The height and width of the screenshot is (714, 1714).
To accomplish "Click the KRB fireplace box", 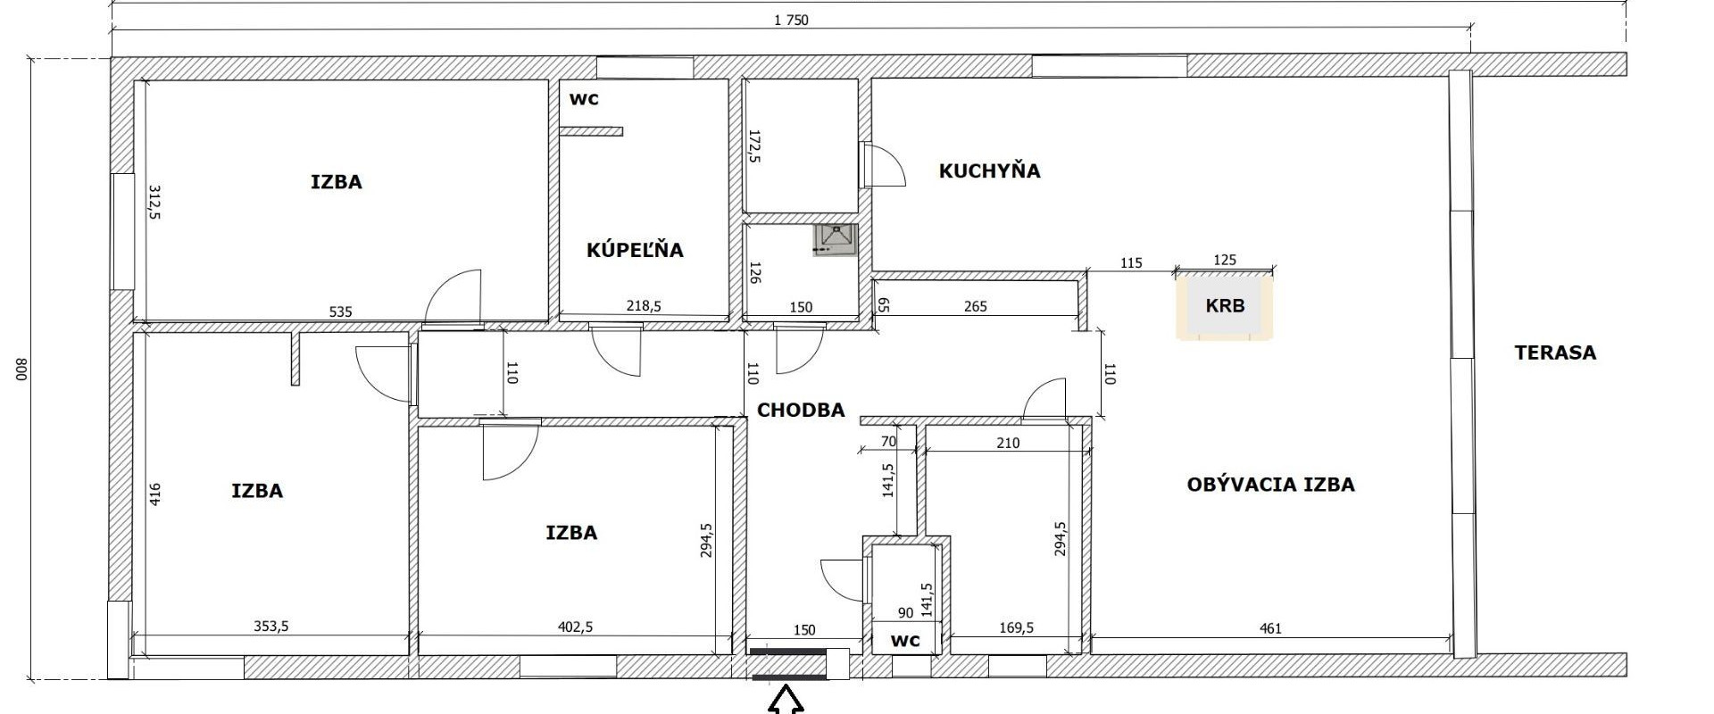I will (1225, 306).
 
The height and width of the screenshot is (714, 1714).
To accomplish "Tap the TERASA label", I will (1555, 353).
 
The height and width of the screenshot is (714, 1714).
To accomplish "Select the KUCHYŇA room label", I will (989, 170).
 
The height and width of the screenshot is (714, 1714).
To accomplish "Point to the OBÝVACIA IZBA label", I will (1270, 485).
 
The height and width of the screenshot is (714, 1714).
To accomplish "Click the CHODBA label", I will (801, 410).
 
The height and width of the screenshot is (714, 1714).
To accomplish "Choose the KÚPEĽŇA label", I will (635, 250).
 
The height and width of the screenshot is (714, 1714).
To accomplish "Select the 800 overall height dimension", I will (23, 369).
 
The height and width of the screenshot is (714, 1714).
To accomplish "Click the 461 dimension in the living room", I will (1270, 628).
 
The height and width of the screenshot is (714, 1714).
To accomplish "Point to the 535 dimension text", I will (341, 311).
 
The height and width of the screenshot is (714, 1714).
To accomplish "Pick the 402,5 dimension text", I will (576, 627).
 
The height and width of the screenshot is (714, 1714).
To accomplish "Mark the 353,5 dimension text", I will (271, 627).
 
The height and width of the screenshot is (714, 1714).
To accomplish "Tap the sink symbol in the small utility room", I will (836, 239).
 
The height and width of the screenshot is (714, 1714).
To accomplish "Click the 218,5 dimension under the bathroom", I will (643, 306).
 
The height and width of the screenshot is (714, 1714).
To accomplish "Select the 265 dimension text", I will (976, 306).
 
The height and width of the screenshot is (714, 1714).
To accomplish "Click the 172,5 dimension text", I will (754, 146).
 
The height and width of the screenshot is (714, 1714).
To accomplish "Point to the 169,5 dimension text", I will (1016, 627).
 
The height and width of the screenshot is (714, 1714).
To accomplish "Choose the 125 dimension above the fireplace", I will (1226, 260).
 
